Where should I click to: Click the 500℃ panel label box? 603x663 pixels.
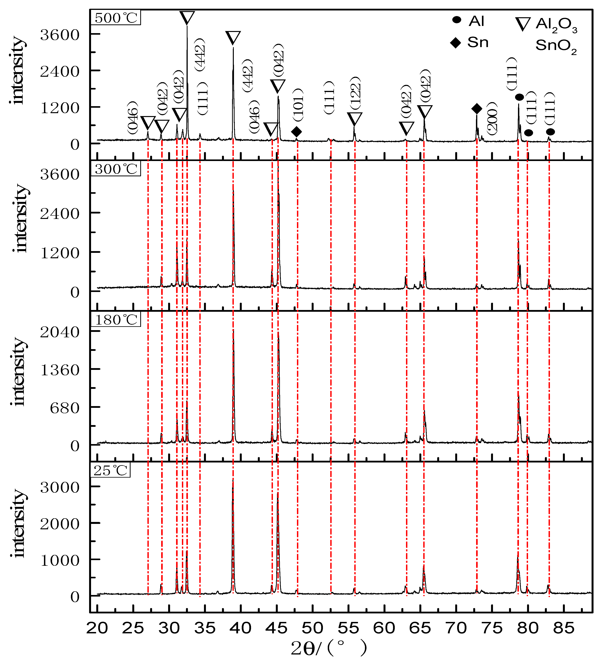[115, 17]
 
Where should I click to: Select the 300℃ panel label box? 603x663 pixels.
[115, 169]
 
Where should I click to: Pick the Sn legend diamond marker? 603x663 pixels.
[456, 43]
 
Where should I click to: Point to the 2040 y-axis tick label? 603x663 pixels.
[60, 332]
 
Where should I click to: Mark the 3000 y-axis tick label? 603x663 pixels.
[60, 487]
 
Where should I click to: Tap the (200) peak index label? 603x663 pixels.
[492, 118]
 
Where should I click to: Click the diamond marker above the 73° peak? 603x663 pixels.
[477, 109]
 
